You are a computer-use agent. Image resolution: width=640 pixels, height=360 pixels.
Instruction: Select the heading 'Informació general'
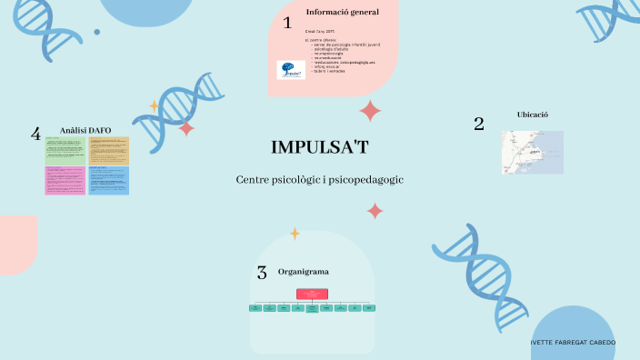point(342,12)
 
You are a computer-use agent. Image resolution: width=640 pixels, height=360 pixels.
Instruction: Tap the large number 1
point(287,23)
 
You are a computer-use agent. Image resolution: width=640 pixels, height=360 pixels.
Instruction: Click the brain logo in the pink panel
point(291,69)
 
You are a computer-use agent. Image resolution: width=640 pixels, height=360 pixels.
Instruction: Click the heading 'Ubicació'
point(532,115)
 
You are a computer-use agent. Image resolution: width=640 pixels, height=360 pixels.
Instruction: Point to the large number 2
point(478,125)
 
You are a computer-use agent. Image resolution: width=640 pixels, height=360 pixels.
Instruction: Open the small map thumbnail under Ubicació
point(532,152)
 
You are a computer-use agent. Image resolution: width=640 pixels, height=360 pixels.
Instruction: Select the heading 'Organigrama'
point(304,272)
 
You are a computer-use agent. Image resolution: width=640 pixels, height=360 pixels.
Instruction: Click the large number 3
point(262,272)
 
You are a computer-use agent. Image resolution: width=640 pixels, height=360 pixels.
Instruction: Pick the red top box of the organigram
point(311,293)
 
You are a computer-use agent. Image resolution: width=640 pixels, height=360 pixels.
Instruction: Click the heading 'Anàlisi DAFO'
point(85,131)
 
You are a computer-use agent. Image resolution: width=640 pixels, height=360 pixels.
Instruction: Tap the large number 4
point(35,135)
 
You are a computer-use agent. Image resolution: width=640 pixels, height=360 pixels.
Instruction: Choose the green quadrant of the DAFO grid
point(65,151)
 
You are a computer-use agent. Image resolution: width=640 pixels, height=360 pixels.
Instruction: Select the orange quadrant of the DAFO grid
point(109,151)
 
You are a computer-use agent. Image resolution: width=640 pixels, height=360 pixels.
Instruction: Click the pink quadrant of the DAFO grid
point(65,180)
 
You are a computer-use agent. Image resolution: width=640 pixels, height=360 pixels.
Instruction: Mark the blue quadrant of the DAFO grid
point(109,180)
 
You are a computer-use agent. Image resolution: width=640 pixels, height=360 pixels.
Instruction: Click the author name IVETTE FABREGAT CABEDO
point(573,343)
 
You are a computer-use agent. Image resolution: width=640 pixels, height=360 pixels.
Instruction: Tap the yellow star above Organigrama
point(295,234)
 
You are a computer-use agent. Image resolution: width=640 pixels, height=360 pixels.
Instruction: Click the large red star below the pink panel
point(370,111)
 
